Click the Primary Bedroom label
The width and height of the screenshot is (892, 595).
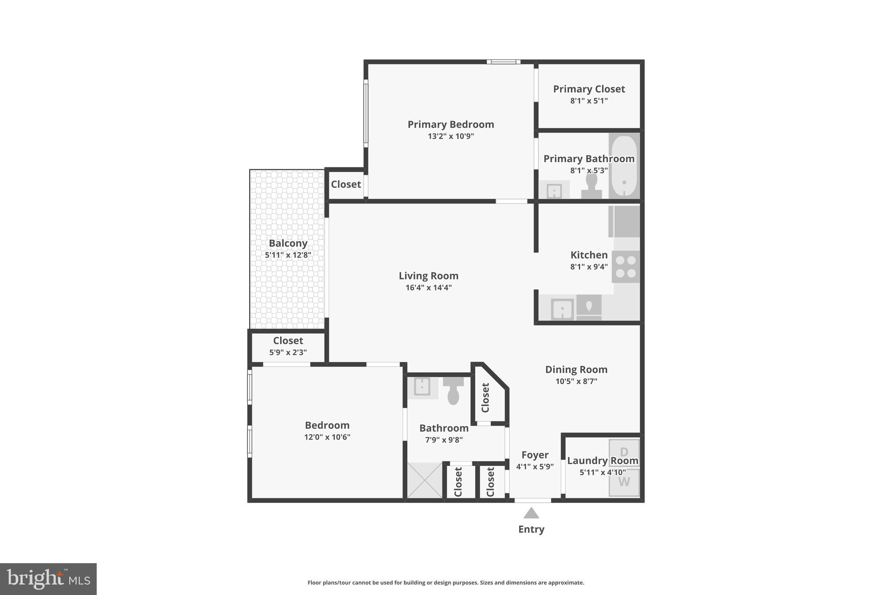[451, 125]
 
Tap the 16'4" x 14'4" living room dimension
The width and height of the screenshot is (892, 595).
[429, 288]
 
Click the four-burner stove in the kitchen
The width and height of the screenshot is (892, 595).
[626, 267]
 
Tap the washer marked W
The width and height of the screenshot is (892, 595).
[624, 482]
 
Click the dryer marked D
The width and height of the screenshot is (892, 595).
[624, 452]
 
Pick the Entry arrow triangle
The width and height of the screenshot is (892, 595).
[531, 513]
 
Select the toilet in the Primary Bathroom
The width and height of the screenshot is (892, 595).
[591, 187]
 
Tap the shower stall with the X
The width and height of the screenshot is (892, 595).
[425, 480]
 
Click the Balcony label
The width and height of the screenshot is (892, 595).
[288, 243]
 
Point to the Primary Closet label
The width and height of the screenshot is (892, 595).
[589, 89]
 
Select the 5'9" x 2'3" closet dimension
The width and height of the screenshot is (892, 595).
[288, 352]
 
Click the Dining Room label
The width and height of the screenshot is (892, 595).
[576, 370]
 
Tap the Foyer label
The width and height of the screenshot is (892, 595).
[535, 455]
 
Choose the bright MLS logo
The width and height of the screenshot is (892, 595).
[48, 579]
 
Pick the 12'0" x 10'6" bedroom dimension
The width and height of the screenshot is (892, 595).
[327, 437]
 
